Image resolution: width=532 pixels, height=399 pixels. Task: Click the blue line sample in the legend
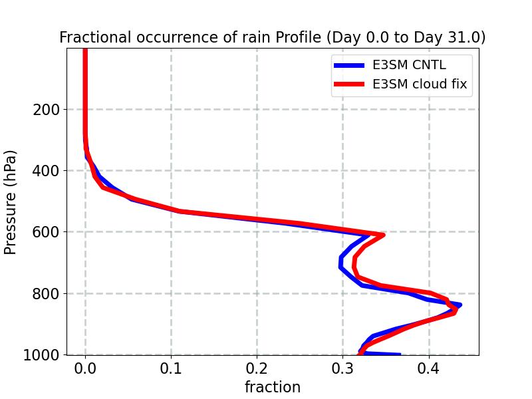[x=348, y=65]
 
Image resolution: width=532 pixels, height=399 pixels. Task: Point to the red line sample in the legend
[x=348, y=84]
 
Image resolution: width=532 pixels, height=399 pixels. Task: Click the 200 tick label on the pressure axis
[x=46, y=110]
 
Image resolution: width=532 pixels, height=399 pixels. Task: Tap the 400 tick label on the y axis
[x=46, y=171]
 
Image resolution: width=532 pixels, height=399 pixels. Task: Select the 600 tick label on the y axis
[x=46, y=232]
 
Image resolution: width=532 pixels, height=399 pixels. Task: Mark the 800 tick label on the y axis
[x=46, y=293]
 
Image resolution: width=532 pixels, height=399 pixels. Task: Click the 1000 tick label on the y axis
[x=41, y=354]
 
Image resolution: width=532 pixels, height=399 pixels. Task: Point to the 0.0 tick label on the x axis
[x=85, y=369]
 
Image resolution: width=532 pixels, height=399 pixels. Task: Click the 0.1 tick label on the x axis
[x=171, y=369]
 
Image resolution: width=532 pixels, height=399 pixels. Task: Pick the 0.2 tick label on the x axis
[x=257, y=369]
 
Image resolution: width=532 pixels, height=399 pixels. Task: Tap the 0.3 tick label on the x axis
[x=342, y=369]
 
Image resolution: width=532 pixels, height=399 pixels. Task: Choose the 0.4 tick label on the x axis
[x=429, y=369]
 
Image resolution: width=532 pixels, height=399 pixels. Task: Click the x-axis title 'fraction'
[x=273, y=387]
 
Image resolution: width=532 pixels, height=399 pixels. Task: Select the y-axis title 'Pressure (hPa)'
[x=11, y=201]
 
